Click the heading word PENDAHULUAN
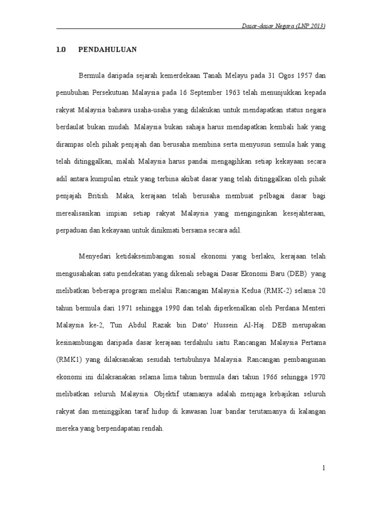107,49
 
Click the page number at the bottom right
323,468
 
